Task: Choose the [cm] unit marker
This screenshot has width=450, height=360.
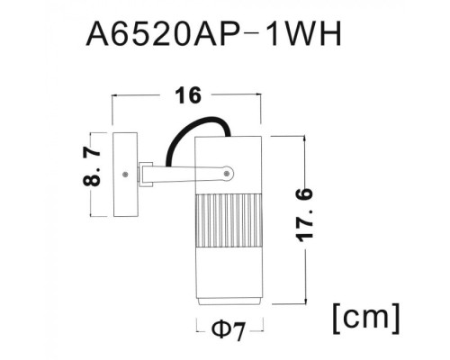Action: pos(365,317)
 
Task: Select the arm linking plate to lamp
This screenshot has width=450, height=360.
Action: pos(180,171)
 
